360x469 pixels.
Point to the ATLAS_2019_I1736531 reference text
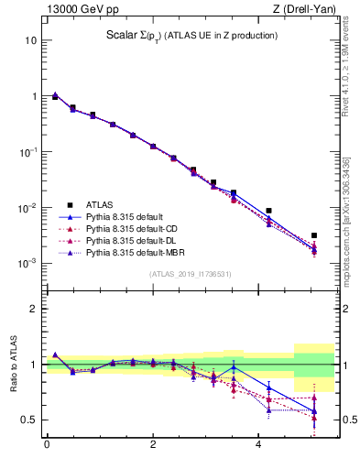coord(191,274)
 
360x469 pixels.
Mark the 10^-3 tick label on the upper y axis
coord(27,264)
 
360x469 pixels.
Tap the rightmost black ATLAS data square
coord(313,235)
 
